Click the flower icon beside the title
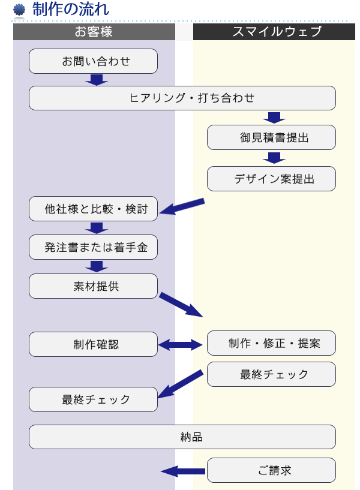pos(19,10)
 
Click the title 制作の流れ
pos(71,10)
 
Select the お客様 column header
pos(94,32)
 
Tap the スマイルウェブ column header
pos(277,32)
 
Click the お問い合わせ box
pos(93,61)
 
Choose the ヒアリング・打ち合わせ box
pos(182,98)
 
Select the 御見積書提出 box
pos(271,137)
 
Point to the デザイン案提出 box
pos(271,179)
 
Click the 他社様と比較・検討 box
pos(93,209)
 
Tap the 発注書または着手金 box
pos(93,247)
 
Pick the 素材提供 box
pos(93,286)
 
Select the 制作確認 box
pos(93,344)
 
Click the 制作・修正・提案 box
pos(271,343)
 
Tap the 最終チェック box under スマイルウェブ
pos(271,374)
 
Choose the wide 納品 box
pos(182,437)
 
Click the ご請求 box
pos(271,470)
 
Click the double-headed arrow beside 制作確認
pos(182,344)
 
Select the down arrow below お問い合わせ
pos(96,79)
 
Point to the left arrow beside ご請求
pos(183,471)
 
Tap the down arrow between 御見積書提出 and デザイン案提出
pos(274,158)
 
